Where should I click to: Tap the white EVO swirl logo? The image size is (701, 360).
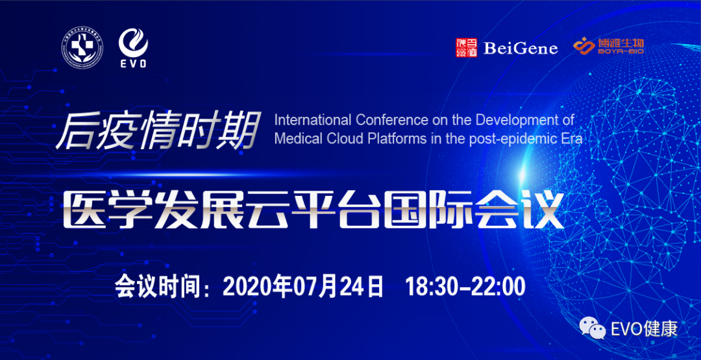[133, 47]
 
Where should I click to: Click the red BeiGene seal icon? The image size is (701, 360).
[466, 47]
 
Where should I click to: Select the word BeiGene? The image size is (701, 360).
[520, 48]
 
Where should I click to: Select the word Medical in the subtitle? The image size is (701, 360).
[297, 139]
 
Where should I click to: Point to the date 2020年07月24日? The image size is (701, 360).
[304, 285]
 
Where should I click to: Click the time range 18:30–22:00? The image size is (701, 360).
[465, 285]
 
